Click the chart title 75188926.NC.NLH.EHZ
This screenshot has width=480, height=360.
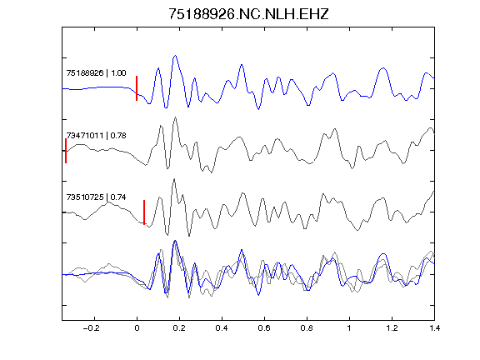pyautogui.click(x=248, y=14)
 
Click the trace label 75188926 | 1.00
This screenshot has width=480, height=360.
pyautogui.click(x=96, y=73)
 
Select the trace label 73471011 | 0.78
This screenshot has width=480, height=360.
pyautogui.click(x=96, y=135)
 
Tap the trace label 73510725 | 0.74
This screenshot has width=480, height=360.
pyautogui.click(x=96, y=197)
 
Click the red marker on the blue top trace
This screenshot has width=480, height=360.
pyautogui.click(x=137, y=88)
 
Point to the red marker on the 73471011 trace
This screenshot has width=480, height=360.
pyautogui.click(x=66, y=151)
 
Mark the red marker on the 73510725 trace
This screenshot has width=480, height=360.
pyautogui.click(x=144, y=212)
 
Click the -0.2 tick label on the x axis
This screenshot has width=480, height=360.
pyautogui.click(x=92, y=328)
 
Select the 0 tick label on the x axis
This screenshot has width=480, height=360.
pyautogui.click(x=137, y=328)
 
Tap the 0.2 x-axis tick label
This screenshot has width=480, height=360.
pyautogui.click(x=179, y=328)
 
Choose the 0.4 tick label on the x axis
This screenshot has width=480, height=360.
pyautogui.click(x=222, y=328)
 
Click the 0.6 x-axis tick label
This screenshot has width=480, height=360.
pyautogui.click(x=264, y=328)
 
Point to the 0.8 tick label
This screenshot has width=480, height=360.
pyautogui.click(x=307, y=328)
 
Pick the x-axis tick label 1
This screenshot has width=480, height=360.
pyautogui.click(x=349, y=328)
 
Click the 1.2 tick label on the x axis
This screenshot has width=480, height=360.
pyautogui.click(x=392, y=328)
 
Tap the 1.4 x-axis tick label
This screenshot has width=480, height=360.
pyautogui.click(x=434, y=328)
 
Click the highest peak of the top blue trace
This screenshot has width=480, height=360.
pyautogui.click(x=175, y=56)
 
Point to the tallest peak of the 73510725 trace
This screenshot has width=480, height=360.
pyautogui.click(x=174, y=179)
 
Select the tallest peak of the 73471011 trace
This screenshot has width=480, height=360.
pyautogui.click(x=175, y=117)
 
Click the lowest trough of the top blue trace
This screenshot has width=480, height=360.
pyautogui.click(x=258, y=109)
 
